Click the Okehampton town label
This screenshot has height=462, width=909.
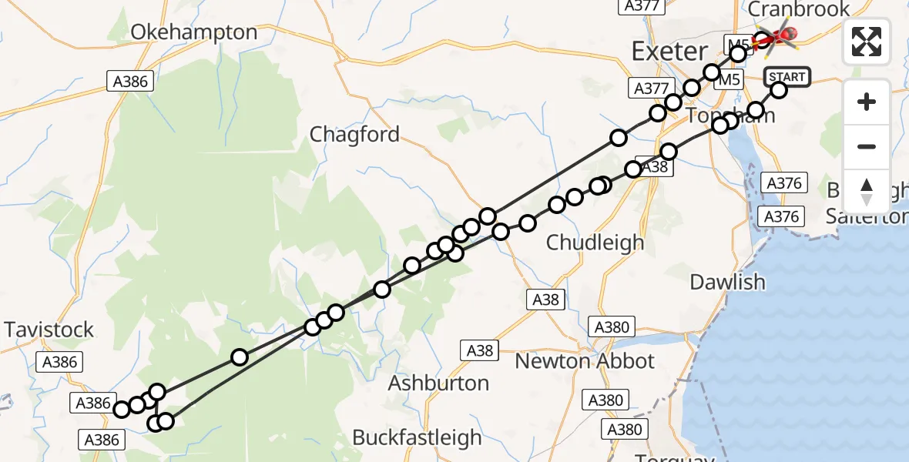click(193, 32)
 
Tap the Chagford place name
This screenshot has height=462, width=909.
click(354, 135)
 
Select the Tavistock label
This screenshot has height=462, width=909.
click(49, 330)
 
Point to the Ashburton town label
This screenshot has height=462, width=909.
click(438, 383)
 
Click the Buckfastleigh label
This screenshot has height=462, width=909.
click(417, 437)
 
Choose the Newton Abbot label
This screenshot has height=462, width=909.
click(584, 360)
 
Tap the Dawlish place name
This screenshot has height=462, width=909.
click(727, 282)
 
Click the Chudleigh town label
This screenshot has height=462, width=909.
click(595, 242)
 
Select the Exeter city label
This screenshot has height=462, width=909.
click(669, 52)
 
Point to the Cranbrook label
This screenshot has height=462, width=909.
click(799, 9)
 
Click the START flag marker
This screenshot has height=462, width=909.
click(787, 76)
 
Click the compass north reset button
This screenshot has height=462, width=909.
click(867, 192)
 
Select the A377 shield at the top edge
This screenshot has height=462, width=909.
click(640, 6)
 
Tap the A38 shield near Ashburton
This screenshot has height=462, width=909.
click(479, 351)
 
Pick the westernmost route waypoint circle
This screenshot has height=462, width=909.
click(122, 409)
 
